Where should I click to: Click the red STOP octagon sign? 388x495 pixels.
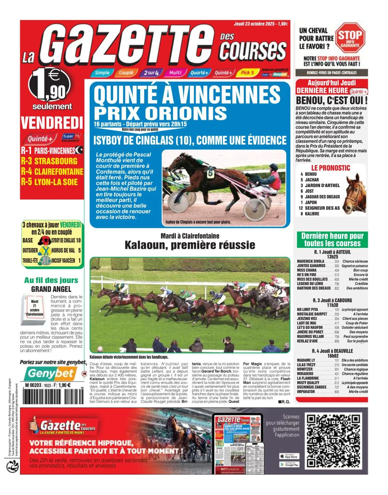[x=350, y=37]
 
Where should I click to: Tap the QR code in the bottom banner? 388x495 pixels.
[x=333, y=441]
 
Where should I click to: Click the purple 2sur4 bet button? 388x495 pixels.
[x=151, y=73]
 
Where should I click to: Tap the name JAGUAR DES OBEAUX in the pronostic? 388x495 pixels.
[x=322, y=197]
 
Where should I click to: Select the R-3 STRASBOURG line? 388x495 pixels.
[x=49, y=161]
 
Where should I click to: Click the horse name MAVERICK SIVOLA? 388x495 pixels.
[x=310, y=261]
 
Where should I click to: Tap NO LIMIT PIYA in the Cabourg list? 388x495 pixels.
[x=307, y=310]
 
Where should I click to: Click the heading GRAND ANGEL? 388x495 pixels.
[x=51, y=289]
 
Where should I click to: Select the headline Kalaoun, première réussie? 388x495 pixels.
[x=190, y=245]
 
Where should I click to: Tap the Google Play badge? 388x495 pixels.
[x=289, y=464]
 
